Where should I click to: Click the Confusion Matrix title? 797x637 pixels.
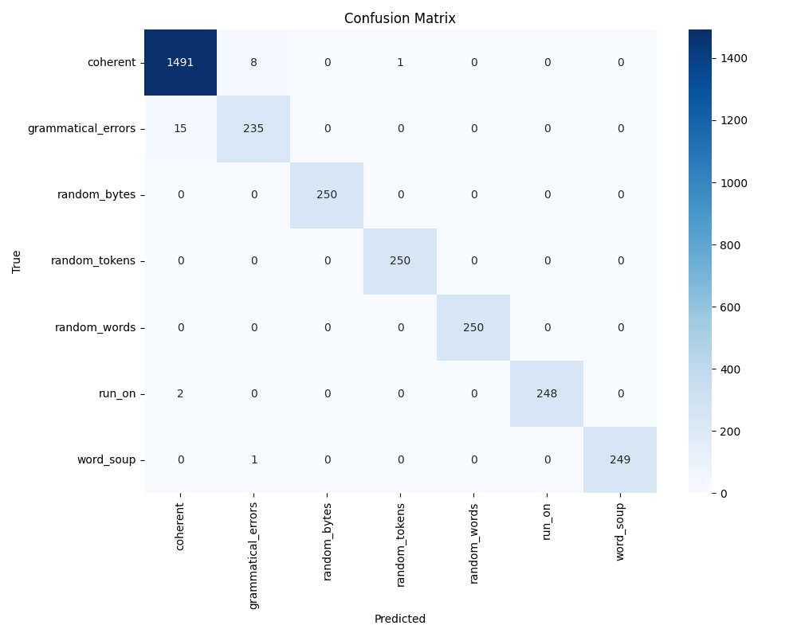pos(400,18)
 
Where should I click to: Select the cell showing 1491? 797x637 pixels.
pos(180,62)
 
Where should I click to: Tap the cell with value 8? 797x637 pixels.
pos(253,62)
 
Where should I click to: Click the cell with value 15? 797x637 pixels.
pos(180,128)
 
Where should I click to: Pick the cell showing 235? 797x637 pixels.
pos(253,128)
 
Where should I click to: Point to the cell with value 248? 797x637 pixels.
pos(547,393)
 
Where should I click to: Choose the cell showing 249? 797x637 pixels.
pos(620,459)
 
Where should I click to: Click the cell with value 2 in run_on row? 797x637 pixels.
pos(180,393)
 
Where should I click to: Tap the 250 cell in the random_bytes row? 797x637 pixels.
pos(327,194)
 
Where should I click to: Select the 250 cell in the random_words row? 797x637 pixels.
pos(473,327)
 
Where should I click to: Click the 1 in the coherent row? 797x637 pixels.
pos(400,62)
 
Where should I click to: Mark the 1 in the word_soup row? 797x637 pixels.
pos(253,459)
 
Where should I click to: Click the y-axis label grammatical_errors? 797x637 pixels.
pos(82,128)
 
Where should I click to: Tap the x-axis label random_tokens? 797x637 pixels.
pos(400,545)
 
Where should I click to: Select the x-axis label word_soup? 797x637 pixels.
pos(620,531)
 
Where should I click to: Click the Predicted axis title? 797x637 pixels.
pos(400,619)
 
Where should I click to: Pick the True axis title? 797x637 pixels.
pos(17,261)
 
